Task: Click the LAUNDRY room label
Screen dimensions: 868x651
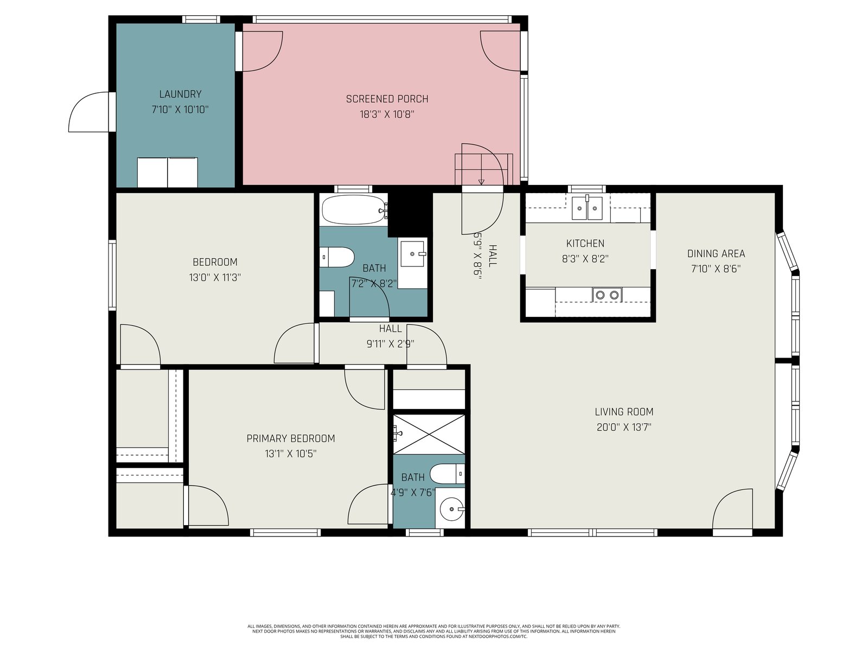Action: (x=180, y=94)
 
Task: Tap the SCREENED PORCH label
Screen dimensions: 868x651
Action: (x=387, y=99)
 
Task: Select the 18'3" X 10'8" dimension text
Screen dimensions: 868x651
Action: (x=387, y=114)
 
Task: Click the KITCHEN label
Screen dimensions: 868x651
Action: (x=585, y=244)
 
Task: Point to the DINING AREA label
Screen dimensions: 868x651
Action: (x=716, y=253)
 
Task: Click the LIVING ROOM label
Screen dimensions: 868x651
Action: (x=624, y=412)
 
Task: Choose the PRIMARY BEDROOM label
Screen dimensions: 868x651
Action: (x=291, y=438)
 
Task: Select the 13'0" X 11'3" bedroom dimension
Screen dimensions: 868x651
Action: (x=215, y=277)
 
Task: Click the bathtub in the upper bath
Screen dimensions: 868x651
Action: (x=355, y=210)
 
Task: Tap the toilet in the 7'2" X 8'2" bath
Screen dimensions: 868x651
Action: (x=336, y=257)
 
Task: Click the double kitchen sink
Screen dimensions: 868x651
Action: (x=587, y=208)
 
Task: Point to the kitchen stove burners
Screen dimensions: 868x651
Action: (x=607, y=295)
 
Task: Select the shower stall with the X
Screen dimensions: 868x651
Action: (x=429, y=435)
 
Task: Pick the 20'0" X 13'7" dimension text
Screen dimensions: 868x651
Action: (x=624, y=427)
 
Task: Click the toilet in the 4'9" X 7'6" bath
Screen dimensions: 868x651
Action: (x=447, y=474)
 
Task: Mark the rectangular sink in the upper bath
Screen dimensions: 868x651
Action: (x=412, y=254)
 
